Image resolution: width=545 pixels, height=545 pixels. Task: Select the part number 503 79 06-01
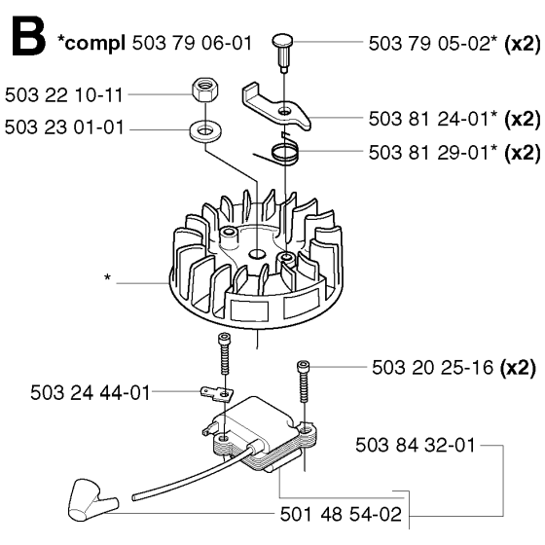pos(192,44)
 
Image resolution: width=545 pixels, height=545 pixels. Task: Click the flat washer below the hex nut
pos(205,131)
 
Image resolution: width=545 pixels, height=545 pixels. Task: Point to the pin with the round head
pos(282,52)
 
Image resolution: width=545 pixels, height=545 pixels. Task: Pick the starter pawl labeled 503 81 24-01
pos(274,106)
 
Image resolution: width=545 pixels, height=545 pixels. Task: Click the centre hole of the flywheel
pos(257,254)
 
